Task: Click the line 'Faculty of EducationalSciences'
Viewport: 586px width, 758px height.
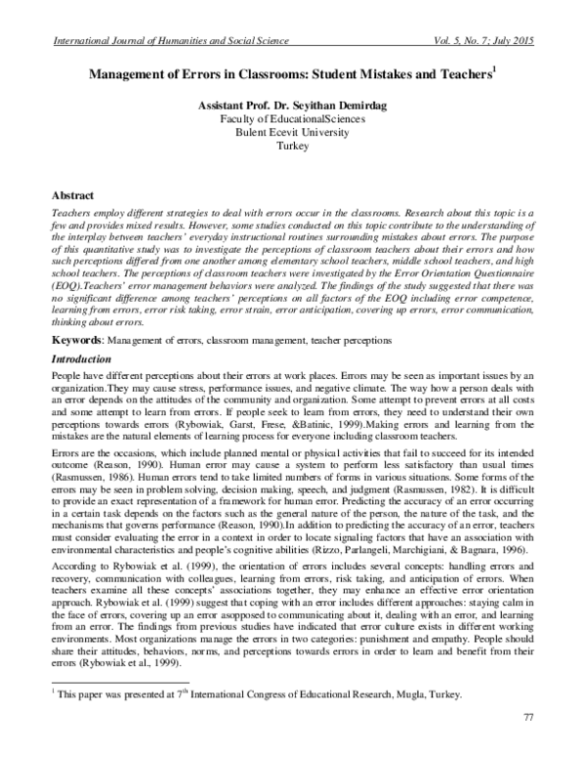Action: pyautogui.click(x=292, y=118)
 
